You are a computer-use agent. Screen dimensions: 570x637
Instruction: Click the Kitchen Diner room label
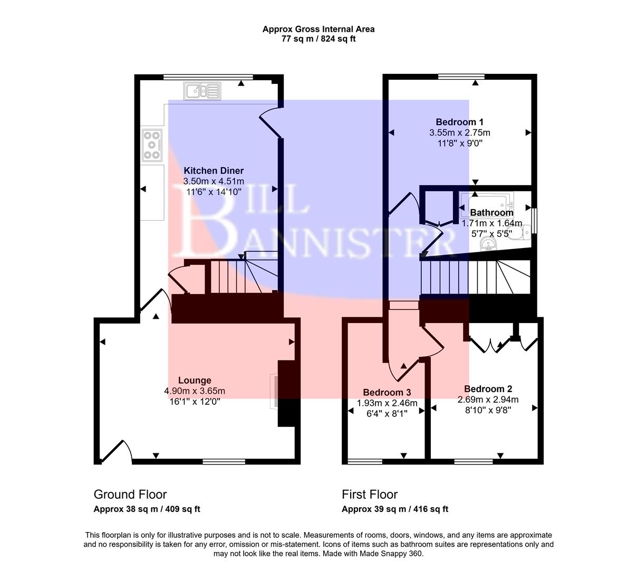pos(213,170)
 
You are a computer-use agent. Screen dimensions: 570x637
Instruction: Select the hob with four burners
pos(152,145)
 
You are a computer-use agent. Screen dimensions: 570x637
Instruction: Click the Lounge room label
pos(194,380)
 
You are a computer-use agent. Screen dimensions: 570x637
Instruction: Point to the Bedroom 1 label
pos(459,122)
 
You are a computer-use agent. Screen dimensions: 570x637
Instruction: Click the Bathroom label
pos(491,213)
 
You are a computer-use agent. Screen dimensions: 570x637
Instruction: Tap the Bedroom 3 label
pos(387,392)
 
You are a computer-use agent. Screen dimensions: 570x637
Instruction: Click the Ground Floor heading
pos(130,495)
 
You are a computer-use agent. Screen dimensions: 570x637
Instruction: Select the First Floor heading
pos(369,495)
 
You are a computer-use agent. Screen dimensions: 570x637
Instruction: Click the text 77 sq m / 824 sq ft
pos(318,39)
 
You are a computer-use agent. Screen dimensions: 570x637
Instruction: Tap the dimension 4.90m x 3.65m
pos(194,391)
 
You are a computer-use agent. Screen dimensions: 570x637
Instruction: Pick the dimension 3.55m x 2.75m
pos(459,132)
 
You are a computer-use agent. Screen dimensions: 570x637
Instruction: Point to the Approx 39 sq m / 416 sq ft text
pos(394,509)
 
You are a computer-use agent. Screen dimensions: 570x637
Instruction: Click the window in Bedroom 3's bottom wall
pos(365,461)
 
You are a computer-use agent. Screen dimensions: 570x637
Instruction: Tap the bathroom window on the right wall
pos(534,221)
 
